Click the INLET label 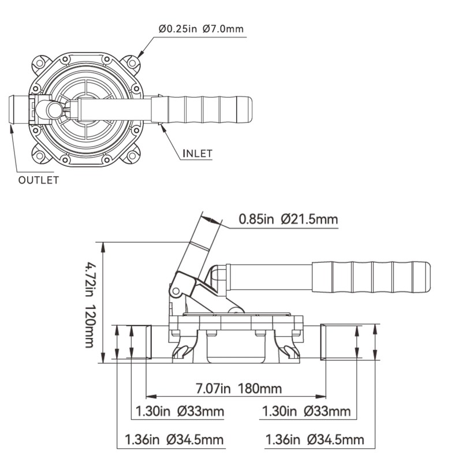[198, 154]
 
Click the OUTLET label [39, 180]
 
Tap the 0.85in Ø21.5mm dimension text [288, 219]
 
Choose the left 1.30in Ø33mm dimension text [178, 412]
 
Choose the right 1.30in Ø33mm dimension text [306, 412]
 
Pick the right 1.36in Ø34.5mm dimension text [315, 440]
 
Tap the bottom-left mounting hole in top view [40, 155]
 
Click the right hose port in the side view [338, 342]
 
